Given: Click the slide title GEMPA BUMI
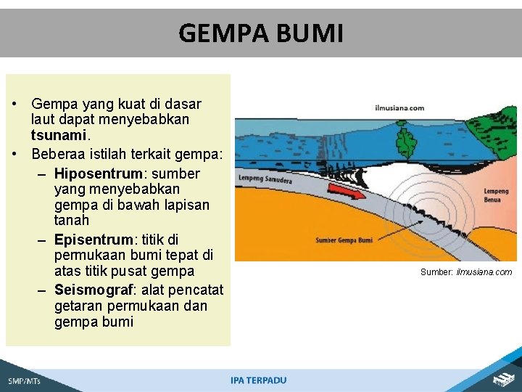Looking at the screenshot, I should [x=260, y=33].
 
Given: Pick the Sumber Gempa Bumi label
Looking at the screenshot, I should [x=345, y=240].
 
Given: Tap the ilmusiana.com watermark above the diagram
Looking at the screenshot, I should [x=399, y=108].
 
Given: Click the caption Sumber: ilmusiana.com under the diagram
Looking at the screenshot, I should [x=466, y=272].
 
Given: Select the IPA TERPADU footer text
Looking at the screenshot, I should [x=258, y=380].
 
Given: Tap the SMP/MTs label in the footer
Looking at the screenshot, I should [x=25, y=380].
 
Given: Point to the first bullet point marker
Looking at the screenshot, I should [x=15, y=105].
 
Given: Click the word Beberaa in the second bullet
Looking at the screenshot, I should [x=57, y=154].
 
